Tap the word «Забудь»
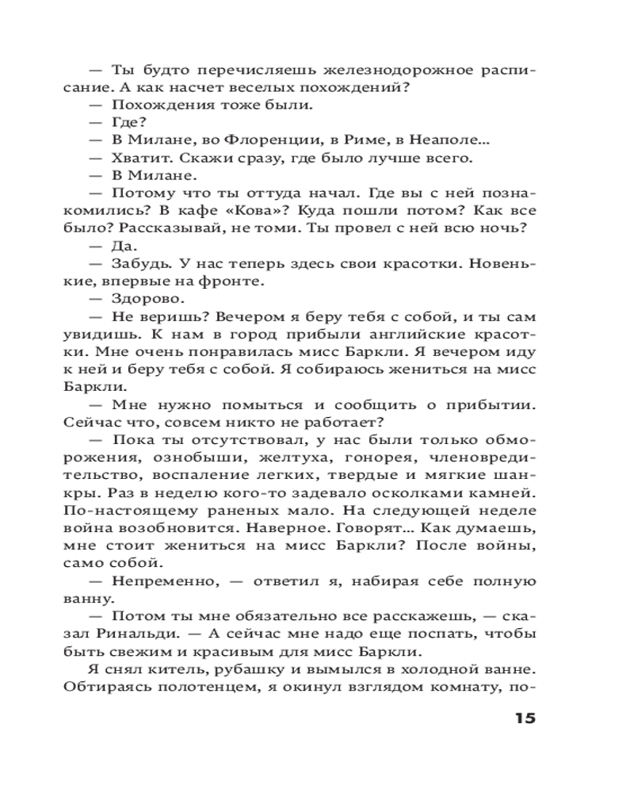pyautogui.click(x=143, y=263)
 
